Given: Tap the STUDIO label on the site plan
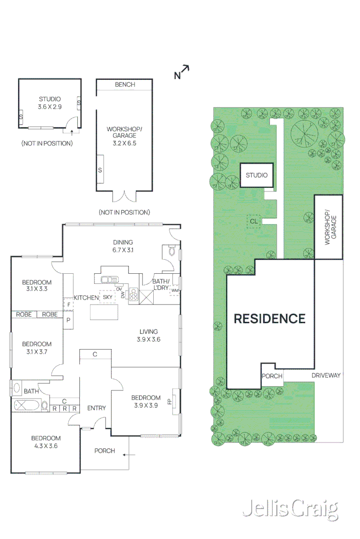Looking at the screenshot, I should (x=257, y=175).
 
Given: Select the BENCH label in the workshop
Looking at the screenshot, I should (x=125, y=84).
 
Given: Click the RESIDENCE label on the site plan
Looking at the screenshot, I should (x=269, y=319).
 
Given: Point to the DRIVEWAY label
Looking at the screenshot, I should (x=326, y=375).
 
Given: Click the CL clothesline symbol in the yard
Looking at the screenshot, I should (x=253, y=221).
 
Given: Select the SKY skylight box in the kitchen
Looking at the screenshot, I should (x=108, y=297).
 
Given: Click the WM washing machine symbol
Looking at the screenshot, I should (x=175, y=290).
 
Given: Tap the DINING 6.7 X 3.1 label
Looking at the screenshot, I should (x=123, y=246).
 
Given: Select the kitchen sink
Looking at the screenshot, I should (x=109, y=279).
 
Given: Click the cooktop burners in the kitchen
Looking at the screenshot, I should (x=133, y=294).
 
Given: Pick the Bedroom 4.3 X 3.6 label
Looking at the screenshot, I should (x=46, y=442).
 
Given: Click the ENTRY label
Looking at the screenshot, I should (x=96, y=408).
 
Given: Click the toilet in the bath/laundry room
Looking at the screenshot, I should (x=171, y=251).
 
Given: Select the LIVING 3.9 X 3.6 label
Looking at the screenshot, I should (x=148, y=335).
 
